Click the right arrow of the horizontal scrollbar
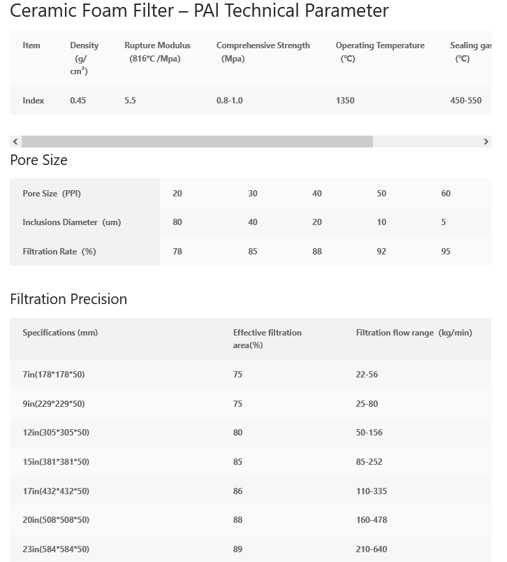coord(486,142)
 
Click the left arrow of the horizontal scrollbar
coord(15,142)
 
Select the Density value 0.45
coord(78,101)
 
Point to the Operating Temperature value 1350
coord(345,101)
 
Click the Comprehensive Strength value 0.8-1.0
coord(230,101)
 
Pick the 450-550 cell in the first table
coord(466,101)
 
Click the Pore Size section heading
coord(39,160)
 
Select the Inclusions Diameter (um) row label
coord(71,222)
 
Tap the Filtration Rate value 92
coord(381,252)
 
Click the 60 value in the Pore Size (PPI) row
coord(446,194)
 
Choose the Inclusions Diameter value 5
coord(443,222)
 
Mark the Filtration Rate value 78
coord(177,252)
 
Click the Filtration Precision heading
coord(68,299)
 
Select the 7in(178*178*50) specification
coord(54,375)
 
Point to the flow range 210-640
coord(372,549)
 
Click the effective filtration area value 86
coord(238,491)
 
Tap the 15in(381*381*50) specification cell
coord(56,462)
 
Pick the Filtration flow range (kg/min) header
coord(414,333)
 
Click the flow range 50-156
coord(369,433)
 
